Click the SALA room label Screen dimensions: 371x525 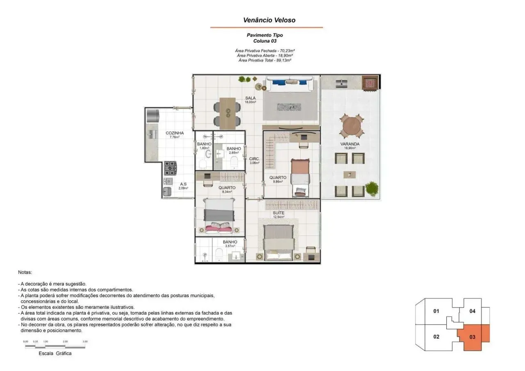(250, 98)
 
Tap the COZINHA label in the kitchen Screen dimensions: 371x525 (175, 133)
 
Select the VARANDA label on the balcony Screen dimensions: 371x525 (350, 144)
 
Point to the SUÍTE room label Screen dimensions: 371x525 (278, 213)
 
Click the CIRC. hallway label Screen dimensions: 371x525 (254, 159)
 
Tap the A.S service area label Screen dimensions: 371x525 (183, 184)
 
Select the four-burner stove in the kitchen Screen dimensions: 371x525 (170, 167)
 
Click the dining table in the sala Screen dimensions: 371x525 (227, 111)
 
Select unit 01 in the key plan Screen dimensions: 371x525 (436, 311)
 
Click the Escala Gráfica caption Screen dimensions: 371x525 (55, 353)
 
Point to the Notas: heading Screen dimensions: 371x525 (25, 272)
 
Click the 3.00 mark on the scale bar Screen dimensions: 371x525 (85, 341)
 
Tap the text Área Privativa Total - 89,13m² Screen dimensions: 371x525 (265, 60)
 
